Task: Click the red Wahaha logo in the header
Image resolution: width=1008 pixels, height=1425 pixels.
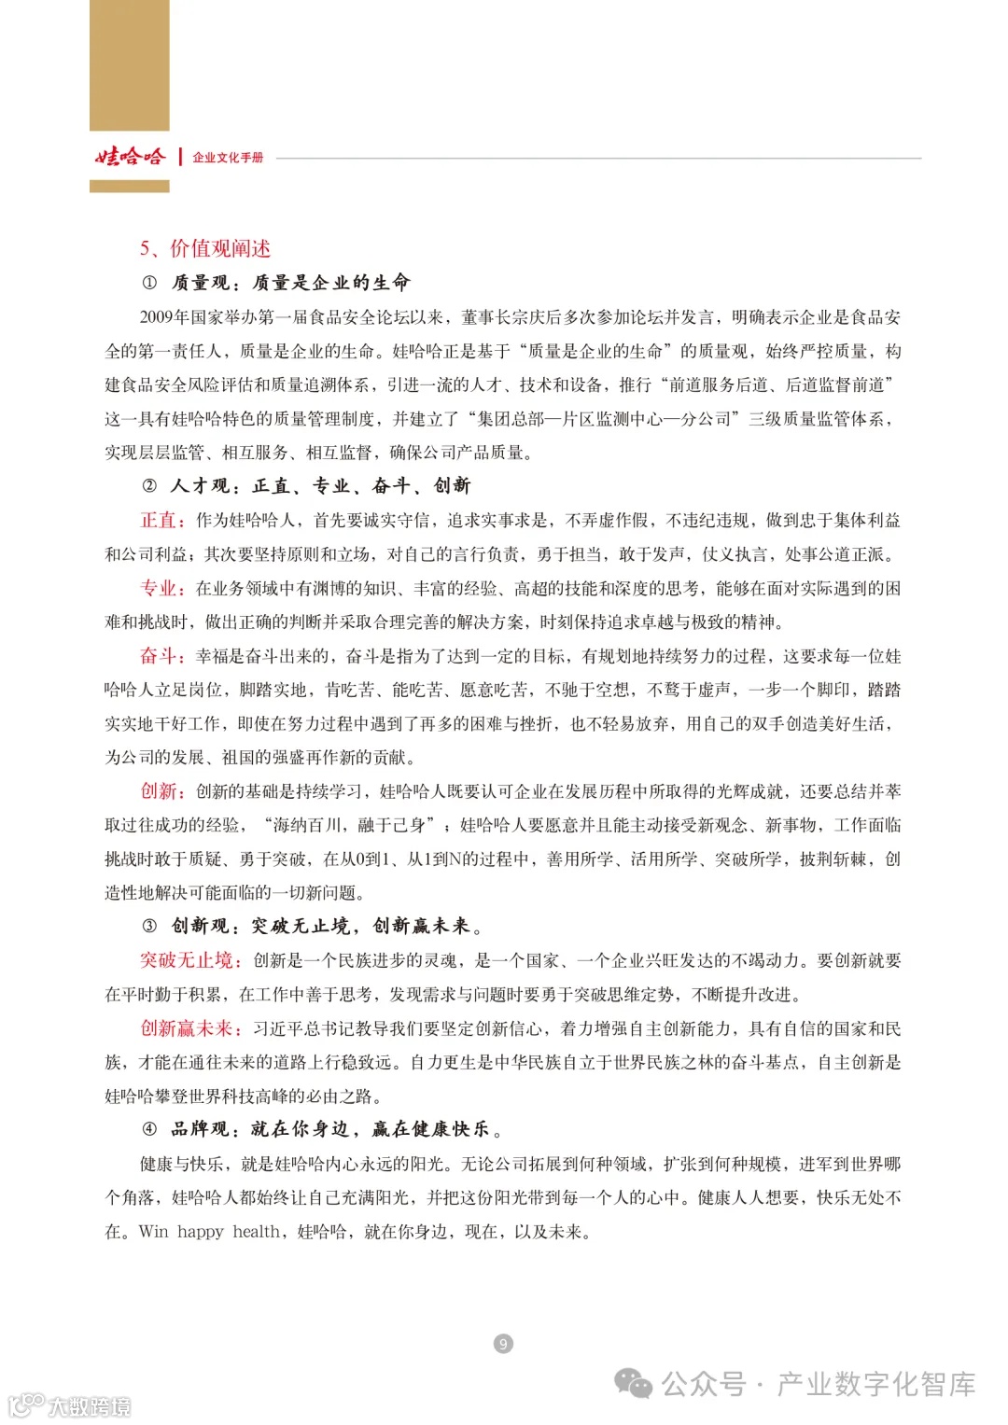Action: (x=130, y=157)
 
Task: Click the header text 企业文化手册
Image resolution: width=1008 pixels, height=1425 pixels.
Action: (x=228, y=158)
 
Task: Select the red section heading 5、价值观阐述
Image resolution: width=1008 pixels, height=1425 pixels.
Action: (x=205, y=248)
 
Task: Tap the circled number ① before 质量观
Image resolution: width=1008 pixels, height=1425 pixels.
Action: (x=149, y=283)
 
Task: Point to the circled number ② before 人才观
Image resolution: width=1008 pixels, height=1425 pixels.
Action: (x=149, y=485)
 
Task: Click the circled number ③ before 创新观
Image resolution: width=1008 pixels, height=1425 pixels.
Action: (x=149, y=926)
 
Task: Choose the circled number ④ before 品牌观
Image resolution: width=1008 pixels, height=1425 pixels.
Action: (x=149, y=1129)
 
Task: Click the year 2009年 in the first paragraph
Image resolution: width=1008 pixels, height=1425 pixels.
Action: (x=164, y=317)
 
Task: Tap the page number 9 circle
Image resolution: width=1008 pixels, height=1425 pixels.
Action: (x=503, y=1344)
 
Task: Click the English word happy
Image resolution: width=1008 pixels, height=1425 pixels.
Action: (x=201, y=1232)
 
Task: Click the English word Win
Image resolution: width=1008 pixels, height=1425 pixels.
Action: (x=153, y=1232)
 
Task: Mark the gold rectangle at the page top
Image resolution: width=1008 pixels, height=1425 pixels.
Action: (x=130, y=65)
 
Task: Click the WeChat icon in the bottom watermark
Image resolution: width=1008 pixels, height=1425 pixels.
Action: (x=635, y=1384)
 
